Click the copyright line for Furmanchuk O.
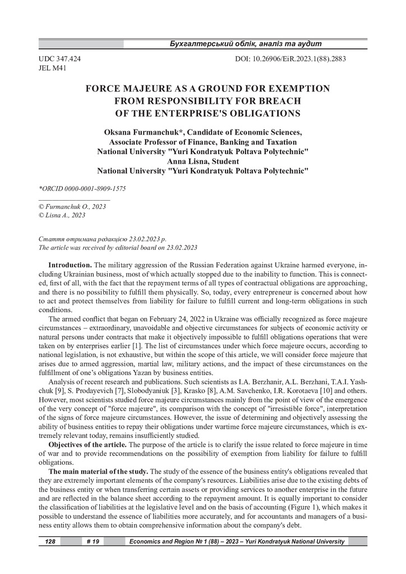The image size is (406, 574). point(72,206)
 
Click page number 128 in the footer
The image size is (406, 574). point(49,542)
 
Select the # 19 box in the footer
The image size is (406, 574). point(94,542)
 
